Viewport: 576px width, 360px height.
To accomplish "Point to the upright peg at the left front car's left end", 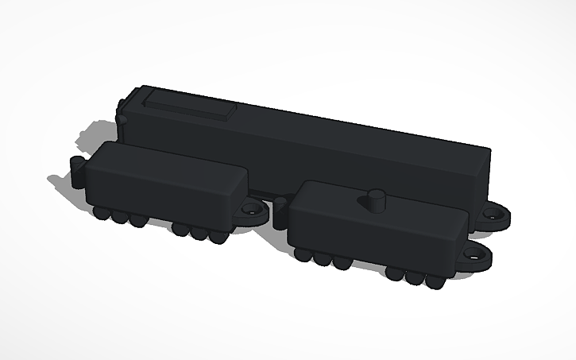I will tap(77, 170).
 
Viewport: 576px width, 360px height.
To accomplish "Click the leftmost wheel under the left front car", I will tap(101, 213).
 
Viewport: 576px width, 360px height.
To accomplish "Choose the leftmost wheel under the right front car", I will tap(303, 254).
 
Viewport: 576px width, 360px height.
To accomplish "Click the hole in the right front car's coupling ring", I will tap(477, 256).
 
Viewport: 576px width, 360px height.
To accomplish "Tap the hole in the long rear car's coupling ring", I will tap(502, 215).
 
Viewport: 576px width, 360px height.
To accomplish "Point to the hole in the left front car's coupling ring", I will tap(254, 212).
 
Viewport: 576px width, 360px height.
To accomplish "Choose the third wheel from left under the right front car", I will tap(342, 261).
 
